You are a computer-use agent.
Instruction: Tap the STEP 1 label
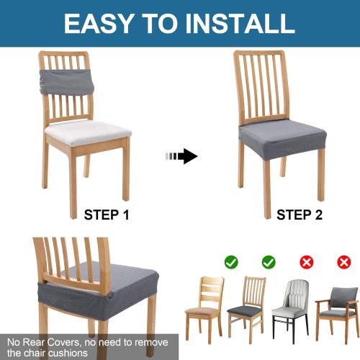click(107, 214)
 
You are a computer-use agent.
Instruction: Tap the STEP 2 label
click(300, 214)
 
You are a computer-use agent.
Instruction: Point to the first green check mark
click(230, 262)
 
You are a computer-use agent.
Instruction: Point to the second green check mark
click(269, 262)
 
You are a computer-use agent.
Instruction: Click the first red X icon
click(307, 262)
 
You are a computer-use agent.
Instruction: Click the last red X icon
click(344, 262)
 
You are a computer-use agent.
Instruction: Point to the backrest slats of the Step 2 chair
click(261, 86)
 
